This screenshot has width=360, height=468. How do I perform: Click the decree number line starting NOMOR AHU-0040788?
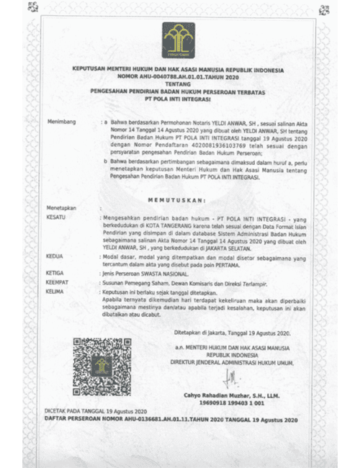pyautogui.click(x=179, y=76)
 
